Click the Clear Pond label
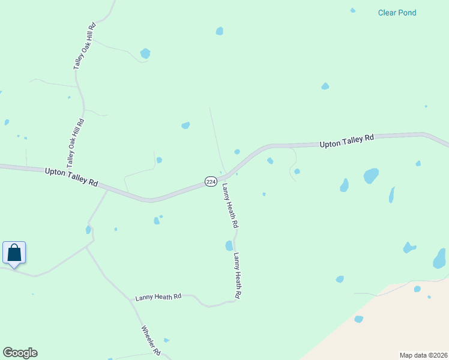click(x=397, y=13)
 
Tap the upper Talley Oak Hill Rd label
click(x=85, y=47)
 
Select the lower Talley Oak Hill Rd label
click(x=75, y=143)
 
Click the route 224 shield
click(x=211, y=181)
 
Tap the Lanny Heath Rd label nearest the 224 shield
click(x=231, y=206)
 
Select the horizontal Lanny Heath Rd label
click(x=158, y=297)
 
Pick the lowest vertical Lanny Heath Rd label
click(x=238, y=275)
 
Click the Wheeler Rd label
click(x=151, y=339)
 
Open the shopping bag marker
click(x=14, y=253)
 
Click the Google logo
click(x=20, y=353)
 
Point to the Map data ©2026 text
click(x=424, y=355)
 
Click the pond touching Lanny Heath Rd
click(x=229, y=245)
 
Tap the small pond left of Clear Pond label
click(x=352, y=10)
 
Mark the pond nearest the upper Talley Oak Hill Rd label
click(x=145, y=53)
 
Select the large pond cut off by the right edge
click(x=439, y=259)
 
